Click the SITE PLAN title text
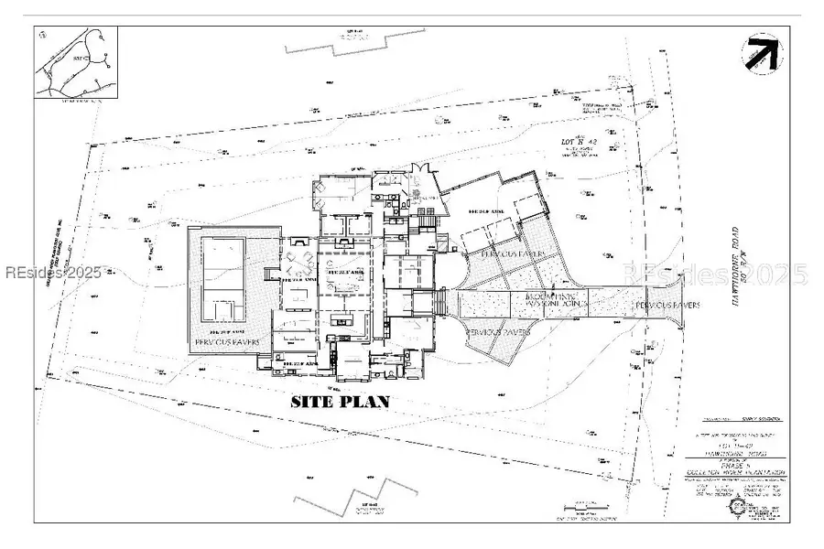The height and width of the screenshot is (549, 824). point(341,401)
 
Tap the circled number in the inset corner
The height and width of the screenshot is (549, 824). point(44,36)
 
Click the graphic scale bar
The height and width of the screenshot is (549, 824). point(586,505)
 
